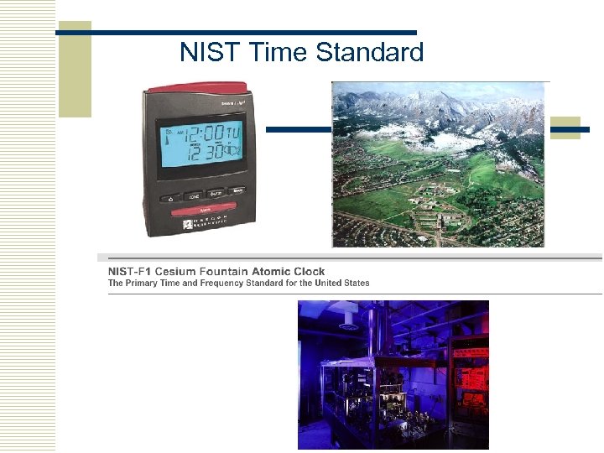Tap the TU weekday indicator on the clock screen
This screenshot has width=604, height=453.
coord(236,133)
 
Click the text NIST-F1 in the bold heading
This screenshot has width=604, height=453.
coord(130,272)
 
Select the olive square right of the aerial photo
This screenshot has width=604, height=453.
coord(565,128)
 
